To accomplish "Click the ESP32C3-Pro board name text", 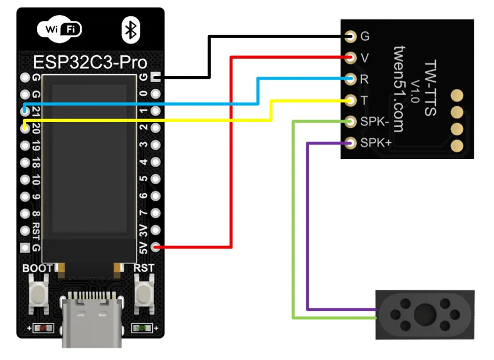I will pyautogui.click(x=90, y=62).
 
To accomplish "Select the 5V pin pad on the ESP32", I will pyautogui.click(x=156, y=248).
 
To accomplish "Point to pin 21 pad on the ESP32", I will pyautogui.click(x=24, y=110).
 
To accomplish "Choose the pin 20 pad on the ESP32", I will pyautogui.click(x=24, y=128).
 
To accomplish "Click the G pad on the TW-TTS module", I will pyautogui.click(x=350, y=37).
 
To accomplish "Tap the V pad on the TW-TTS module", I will pyautogui.click(x=350, y=57).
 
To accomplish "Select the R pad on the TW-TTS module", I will pyautogui.click(x=350, y=78).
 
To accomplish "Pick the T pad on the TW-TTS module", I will pyautogui.click(x=350, y=100).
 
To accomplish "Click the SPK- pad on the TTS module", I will pyautogui.click(x=350, y=121).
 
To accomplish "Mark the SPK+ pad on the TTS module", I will pyautogui.click(x=350, y=142).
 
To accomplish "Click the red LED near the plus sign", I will pyautogui.click(x=43, y=329).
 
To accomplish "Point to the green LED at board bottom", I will pyautogui.click(x=141, y=329).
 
